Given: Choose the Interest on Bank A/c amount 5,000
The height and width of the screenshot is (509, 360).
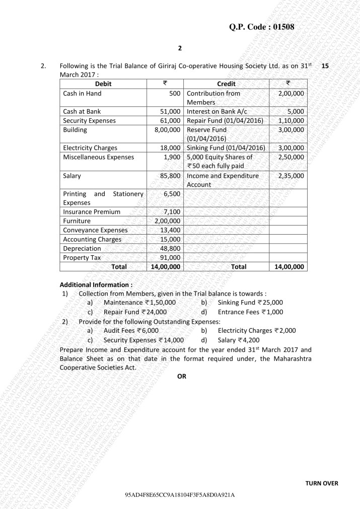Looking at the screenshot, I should pos(296,111).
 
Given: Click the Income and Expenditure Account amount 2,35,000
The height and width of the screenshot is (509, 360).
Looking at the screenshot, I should pos(291,176).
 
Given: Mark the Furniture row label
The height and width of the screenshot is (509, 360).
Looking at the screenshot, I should pos(77,221).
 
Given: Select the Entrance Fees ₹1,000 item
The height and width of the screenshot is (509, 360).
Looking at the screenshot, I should pos(250,312).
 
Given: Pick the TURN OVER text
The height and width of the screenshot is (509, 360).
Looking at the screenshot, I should pos(322,483).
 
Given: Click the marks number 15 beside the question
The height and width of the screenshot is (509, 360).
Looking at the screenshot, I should pos(332,65).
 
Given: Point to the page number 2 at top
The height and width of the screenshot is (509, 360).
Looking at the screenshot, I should pos(180,48).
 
